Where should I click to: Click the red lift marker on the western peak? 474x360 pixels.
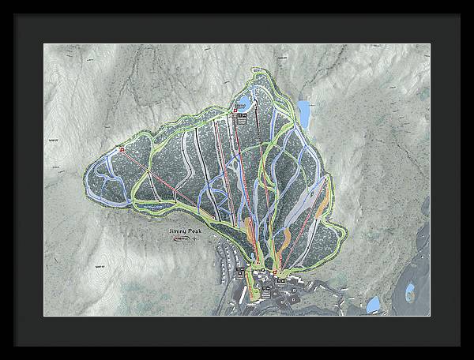(122, 148)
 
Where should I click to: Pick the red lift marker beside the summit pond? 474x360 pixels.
(235, 111)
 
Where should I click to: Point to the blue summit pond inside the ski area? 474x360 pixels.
(245, 103)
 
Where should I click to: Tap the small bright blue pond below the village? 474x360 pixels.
(373, 304)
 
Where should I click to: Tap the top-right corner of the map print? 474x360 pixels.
(430, 44)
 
